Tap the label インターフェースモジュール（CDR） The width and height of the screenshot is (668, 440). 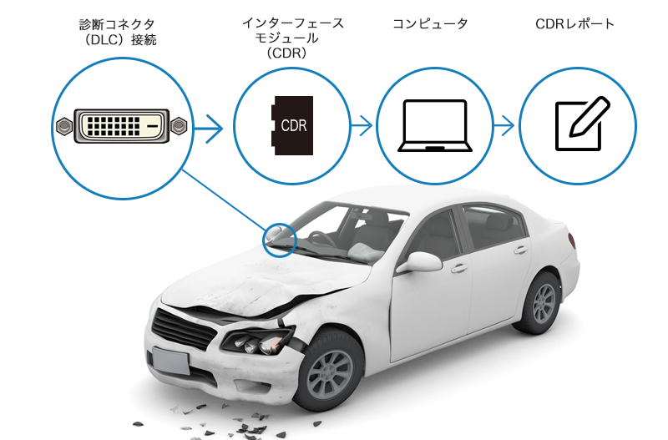coord(291,38)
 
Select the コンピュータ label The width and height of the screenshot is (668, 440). coord(430,24)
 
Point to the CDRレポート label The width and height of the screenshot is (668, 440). coord(574,24)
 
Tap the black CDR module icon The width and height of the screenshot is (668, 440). coord(292,127)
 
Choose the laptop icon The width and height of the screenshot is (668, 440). coord(434,127)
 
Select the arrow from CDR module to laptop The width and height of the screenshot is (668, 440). coord(361,127)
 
